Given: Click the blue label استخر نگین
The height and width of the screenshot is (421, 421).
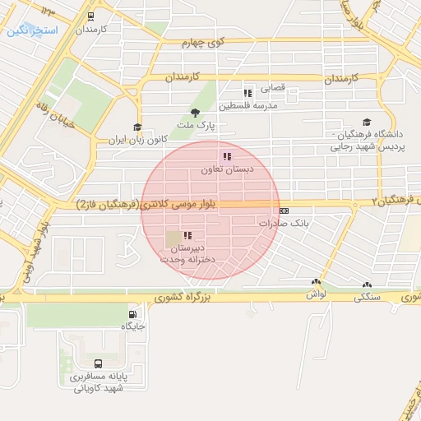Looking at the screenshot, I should (x=31, y=30).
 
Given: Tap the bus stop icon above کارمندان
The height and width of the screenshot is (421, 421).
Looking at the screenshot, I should (x=89, y=15).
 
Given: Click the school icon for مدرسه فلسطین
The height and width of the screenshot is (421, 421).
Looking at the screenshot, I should (x=248, y=93).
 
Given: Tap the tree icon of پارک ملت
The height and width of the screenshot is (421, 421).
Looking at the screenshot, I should (x=195, y=113).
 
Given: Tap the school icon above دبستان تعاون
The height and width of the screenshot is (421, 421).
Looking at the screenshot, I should (x=226, y=156).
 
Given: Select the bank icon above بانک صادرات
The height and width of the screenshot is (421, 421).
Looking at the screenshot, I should (x=284, y=210).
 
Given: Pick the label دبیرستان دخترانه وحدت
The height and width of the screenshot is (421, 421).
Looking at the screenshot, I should (x=189, y=253).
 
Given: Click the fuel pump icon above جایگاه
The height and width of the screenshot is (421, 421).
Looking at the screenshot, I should (x=132, y=314).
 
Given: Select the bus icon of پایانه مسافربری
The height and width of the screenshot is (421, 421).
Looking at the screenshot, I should (x=99, y=363).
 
